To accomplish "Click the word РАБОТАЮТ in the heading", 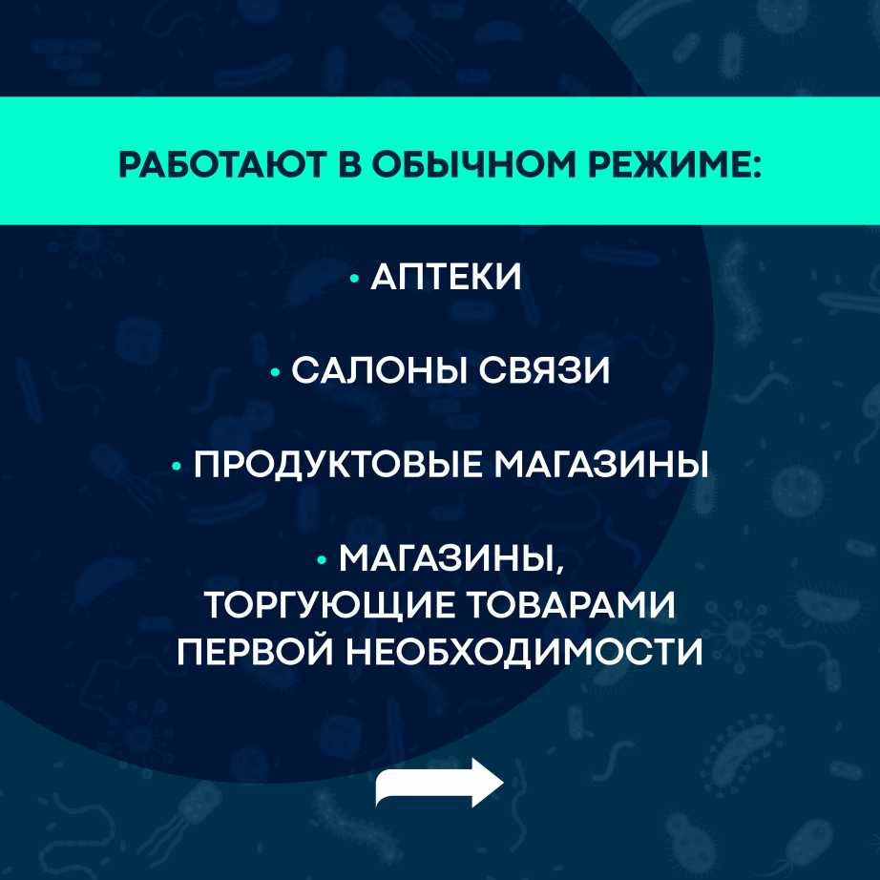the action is pos(222,165).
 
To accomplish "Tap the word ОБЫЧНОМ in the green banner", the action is pos(473,165).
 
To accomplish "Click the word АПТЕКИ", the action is pos(446,277).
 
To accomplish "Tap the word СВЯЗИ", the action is pos(544,370).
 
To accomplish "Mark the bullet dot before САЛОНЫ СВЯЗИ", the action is pos(275,371).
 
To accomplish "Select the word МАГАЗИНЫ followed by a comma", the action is pos(450,559).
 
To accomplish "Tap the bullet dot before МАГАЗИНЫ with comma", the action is pos(322,559).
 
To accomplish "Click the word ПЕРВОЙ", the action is pos(255,652).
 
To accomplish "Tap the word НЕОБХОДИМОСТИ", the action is pos(524,652).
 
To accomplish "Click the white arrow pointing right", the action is pos(440,783).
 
